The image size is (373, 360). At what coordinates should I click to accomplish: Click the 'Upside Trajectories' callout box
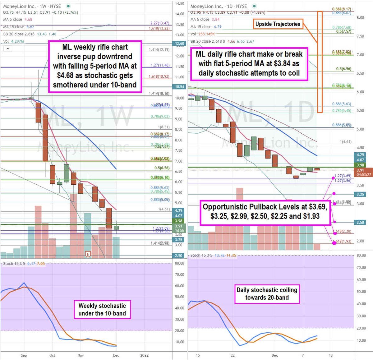pos(278,24)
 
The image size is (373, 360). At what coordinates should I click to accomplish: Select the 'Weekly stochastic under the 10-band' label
pos(102,309)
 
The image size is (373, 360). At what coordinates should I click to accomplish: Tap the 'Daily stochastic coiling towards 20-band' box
pos(267,294)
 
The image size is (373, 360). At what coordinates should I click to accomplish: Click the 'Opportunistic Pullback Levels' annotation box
pos(265,211)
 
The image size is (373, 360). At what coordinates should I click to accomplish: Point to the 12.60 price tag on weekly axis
pos(179,44)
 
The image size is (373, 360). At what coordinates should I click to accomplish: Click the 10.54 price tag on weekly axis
pos(179,87)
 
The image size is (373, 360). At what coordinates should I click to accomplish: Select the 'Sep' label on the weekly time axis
pos(24,355)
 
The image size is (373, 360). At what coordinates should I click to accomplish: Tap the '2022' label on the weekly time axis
pos(144,355)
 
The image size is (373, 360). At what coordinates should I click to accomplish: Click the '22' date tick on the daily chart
pos(233,355)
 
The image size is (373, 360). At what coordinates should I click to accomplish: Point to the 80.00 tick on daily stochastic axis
pos(361,256)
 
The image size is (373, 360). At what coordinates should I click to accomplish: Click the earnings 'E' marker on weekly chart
pos(88,254)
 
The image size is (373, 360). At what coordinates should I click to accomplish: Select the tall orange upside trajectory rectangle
pos(320,62)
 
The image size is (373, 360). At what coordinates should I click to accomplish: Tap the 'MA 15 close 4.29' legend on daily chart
pos(206,27)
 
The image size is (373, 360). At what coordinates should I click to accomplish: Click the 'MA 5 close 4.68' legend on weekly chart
pos(18,19)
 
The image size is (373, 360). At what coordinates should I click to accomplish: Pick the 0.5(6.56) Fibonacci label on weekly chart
pos(162,168)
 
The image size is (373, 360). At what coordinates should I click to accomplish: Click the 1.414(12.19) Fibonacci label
pos(159,50)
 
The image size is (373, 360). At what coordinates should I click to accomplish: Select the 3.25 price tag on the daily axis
pos(360,194)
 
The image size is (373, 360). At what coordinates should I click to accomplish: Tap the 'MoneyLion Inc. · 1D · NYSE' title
pos(219,6)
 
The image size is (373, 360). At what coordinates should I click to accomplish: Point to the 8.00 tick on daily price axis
pos(360,18)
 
